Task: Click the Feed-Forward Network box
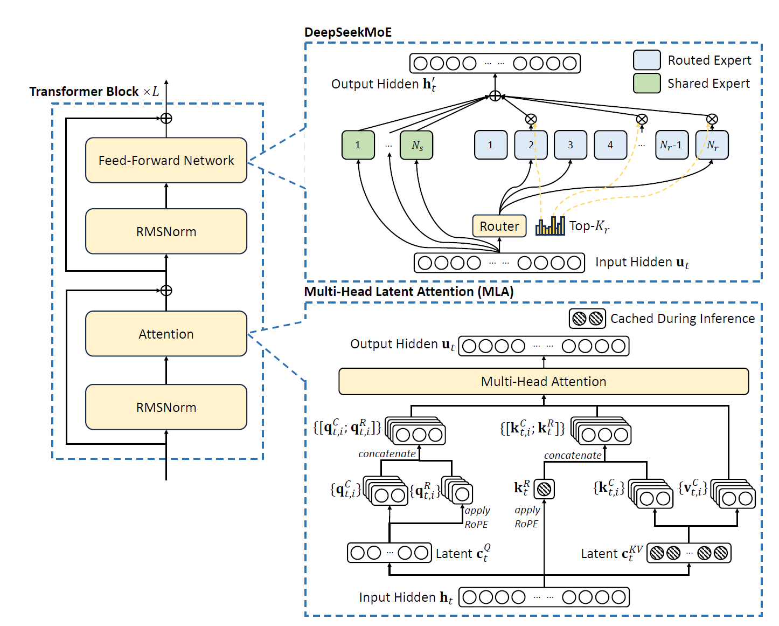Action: (x=166, y=160)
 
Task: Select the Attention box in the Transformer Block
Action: (x=166, y=334)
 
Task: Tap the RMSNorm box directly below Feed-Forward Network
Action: (x=166, y=231)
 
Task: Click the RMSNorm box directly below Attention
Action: (x=166, y=407)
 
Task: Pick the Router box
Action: (x=499, y=226)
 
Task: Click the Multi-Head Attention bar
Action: (x=543, y=382)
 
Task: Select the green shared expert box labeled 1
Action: (x=358, y=145)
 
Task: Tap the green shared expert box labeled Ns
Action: (x=416, y=145)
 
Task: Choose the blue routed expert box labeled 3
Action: (x=570, y=145)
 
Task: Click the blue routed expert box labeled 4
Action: (x=610, y=145)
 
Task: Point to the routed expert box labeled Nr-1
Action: (x=671, y=145)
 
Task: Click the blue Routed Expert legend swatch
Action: (x=646, y=60)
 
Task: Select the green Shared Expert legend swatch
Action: (x=646, y=84)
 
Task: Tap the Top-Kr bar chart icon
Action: (x=550, y=226)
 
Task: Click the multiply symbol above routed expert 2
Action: (x=531, y=119)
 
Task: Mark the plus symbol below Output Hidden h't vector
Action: (x=495, y=97)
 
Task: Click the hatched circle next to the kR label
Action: (x=544, y=489)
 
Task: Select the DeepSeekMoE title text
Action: (x=347, y=32)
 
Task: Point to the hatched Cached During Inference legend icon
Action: (x=587, y=319)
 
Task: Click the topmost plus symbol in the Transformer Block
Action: (x=166, y=118)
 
